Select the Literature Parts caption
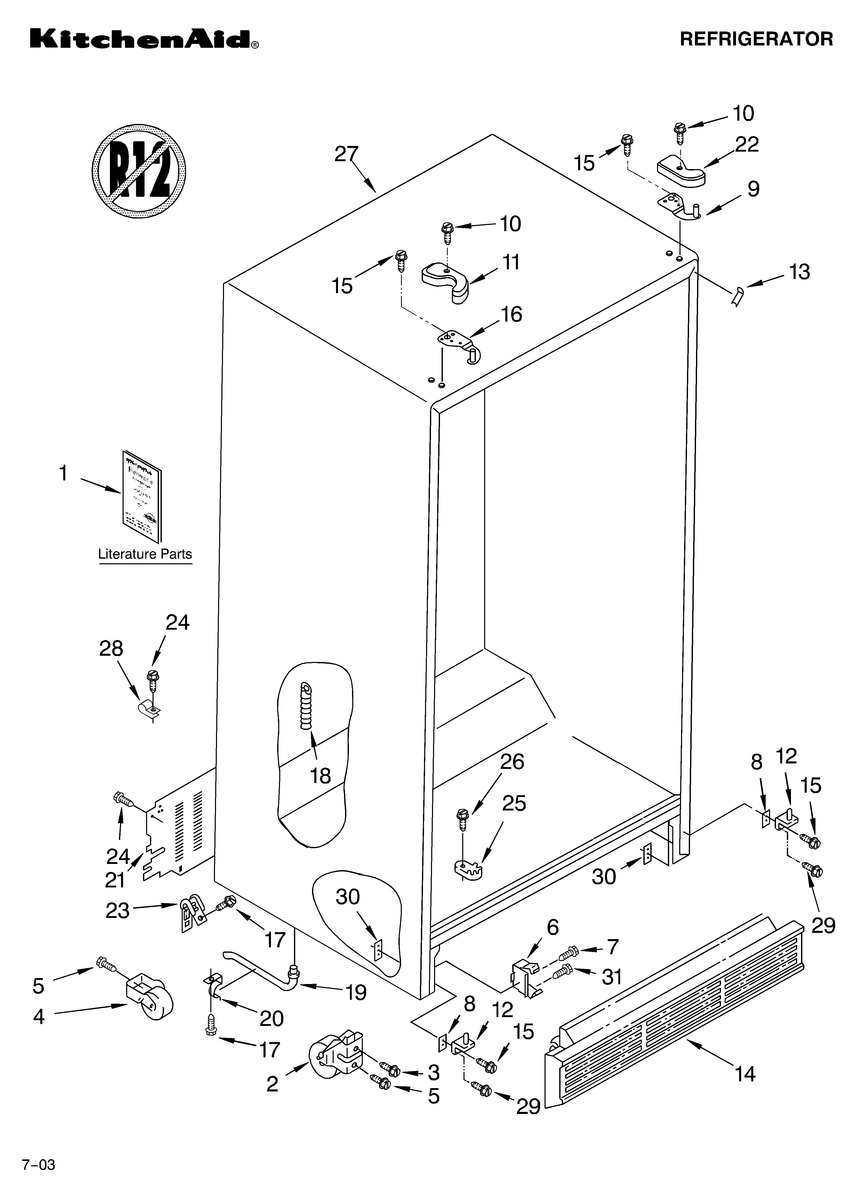pyautogui.click(x=145, y=554)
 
